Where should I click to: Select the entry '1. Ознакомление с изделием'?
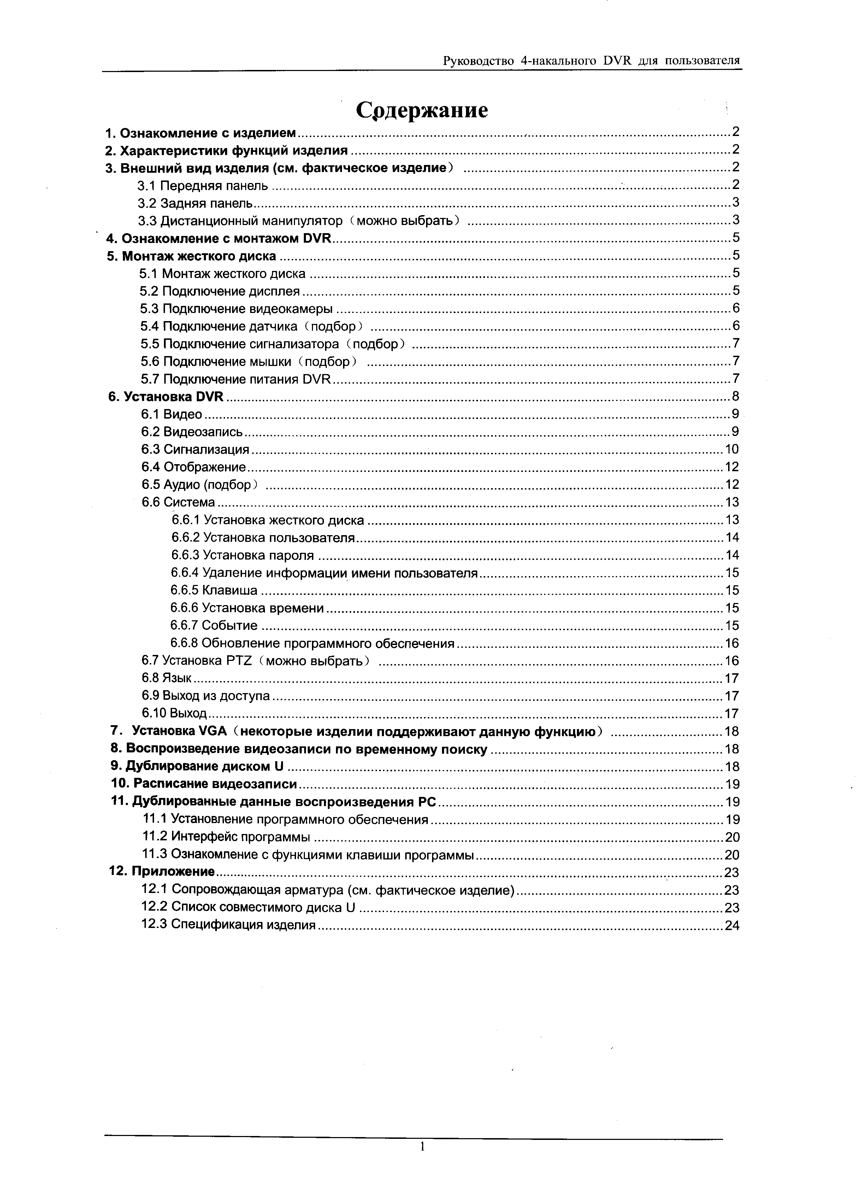click(201, 133)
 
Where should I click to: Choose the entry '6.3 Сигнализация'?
click(195, 449)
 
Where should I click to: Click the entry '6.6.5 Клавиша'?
click(214, 591)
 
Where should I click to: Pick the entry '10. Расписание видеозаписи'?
click(204, 784)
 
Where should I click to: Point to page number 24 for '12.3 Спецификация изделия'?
click(732, 925)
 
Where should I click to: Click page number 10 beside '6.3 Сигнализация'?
click(732, 449)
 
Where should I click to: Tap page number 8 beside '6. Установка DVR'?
click(735, 396)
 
